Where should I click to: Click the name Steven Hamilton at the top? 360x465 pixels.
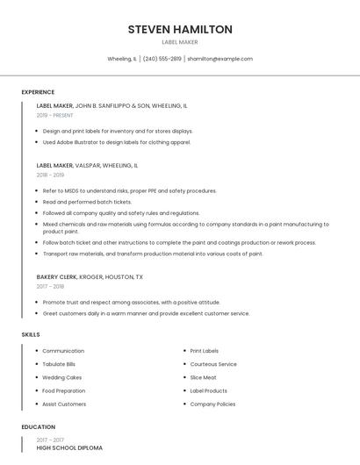pyautogui.click(x=180, y=30)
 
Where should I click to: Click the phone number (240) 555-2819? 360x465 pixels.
pyautogui.click(x=162, y=59)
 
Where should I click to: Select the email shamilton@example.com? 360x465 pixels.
pyautogui.click(x=220, y=59)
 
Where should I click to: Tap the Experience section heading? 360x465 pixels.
pyautogui.click(x=38, y=92)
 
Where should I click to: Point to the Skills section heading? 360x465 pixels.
pyautogui.click(x=31, y=334)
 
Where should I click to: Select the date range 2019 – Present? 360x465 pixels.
pyautogui.click(x=55, y=115)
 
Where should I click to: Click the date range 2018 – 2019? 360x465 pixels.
pyautogui.click(x=50, y=175)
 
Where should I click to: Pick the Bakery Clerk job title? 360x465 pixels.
pyautogui.click(x=56, y=276)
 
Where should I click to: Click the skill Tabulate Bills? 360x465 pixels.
pyautogui.click(x=59, y=364)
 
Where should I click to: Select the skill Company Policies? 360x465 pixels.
pyautogui.click(x=212, y=404)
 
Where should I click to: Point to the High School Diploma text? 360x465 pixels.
pyautogui.click(x=69, y=448)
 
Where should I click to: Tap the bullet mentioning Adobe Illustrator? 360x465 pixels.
pyautogui.click(x=117, y=142)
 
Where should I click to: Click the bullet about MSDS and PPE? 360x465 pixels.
pyautogui.click(x=129, y=190)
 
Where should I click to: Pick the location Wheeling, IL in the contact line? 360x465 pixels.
pyautogui.click(x=122, y=59)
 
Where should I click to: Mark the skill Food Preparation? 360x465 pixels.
pyautogui.click(x=64, y=390)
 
